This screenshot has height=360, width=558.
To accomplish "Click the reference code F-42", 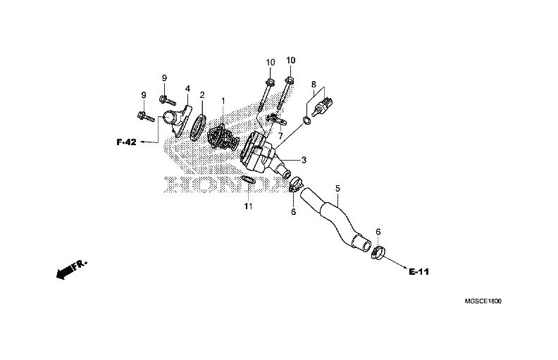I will (x=127, y=142).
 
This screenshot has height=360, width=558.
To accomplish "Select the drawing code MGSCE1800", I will (x=483, y=301).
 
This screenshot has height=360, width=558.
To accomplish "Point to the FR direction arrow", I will (x=70, y=269).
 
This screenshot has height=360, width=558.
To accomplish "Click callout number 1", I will (x=223, y=101).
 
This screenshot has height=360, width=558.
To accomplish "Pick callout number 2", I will (x=202, y=94).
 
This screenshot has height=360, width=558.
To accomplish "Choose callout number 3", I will (x=284, y=160).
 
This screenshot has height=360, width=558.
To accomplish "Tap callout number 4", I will (x=188, y=89).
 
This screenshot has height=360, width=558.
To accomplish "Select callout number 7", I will (x=280, y=135).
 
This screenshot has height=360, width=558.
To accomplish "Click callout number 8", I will (x=314, y=84).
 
